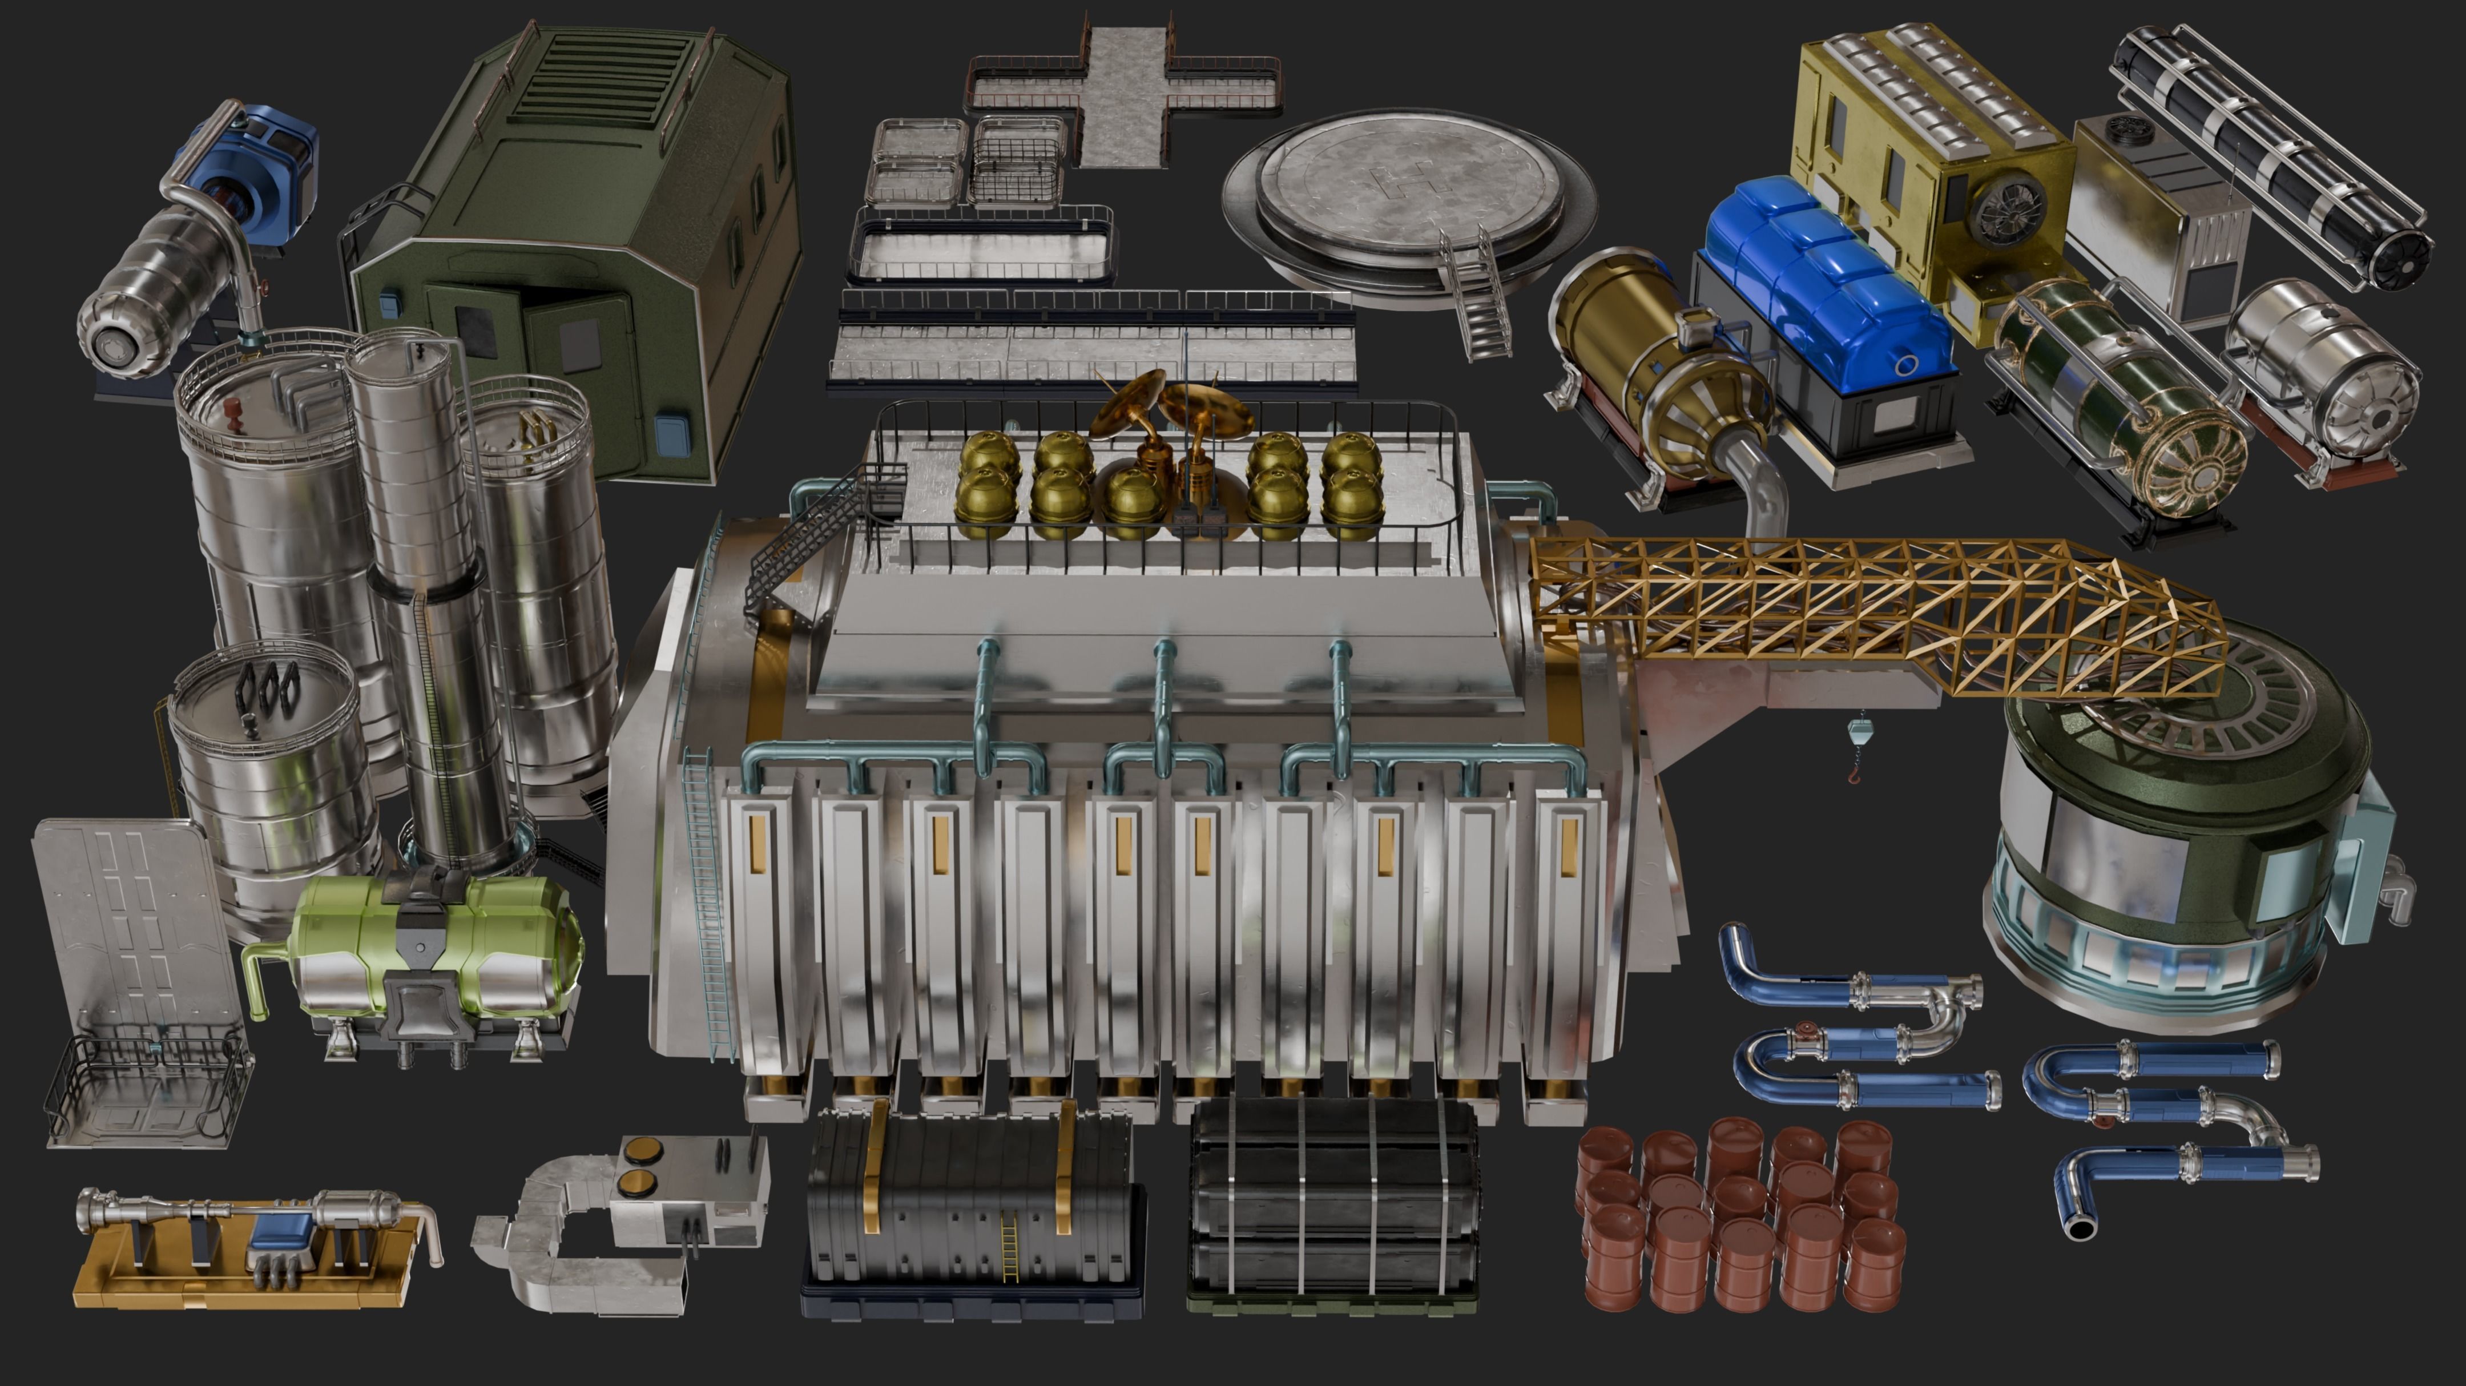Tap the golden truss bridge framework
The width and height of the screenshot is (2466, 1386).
point(1867,613)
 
